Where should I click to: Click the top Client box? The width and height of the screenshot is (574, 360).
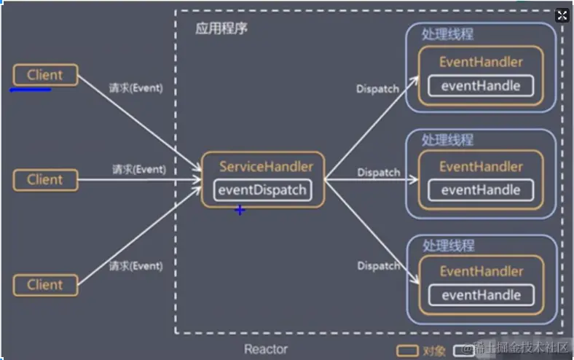[45, 75]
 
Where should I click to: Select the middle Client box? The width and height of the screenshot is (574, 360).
[45, 179]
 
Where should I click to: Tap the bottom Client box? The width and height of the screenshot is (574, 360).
[45, 284]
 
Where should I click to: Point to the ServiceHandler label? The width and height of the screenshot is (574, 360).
[266, 167]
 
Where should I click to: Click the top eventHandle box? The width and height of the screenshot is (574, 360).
[481, 86]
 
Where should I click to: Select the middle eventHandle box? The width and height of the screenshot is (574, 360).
[481, 190]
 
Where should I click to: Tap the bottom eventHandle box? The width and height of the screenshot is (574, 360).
[481, 295]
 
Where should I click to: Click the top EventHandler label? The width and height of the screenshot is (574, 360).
[481, 62]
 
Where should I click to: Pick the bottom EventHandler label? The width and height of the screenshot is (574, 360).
[481, 272]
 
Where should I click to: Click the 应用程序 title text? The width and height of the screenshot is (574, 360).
[222, 29]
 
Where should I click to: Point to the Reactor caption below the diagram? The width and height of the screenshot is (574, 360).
[266, 350]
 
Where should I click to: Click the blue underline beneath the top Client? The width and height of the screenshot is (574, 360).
[30, 90]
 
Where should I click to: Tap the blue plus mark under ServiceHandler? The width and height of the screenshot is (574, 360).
[240, 210]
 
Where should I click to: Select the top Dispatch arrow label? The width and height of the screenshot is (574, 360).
[377, 89]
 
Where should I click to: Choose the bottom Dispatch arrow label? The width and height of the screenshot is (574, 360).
[378, 266]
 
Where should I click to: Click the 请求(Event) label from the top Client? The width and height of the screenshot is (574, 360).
[135, 88]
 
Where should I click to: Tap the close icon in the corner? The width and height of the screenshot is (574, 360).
[562, 16]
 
